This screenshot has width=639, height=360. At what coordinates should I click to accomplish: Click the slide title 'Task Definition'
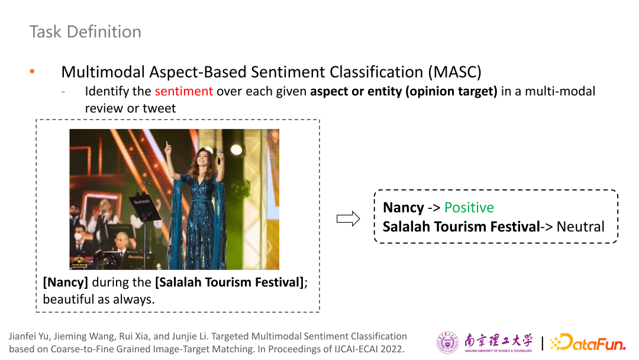tap(86, 32)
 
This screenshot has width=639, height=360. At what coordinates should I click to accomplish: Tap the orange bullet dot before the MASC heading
tap(32, 72)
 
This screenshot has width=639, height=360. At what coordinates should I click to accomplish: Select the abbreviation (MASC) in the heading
tap(454, 72)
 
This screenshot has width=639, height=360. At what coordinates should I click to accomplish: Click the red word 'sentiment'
tap(184, 91)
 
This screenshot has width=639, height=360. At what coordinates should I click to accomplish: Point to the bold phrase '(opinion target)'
tap(451, 91)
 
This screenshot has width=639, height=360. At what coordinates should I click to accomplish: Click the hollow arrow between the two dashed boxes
tap(348, 218)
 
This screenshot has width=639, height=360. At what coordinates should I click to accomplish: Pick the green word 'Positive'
tap(469, 207)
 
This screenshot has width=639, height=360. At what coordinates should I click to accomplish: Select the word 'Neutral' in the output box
tap(580, 227)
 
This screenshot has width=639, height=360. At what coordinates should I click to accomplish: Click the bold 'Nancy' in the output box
tap(404, 208)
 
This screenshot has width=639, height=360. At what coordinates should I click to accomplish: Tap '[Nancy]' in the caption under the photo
tap(66, 282)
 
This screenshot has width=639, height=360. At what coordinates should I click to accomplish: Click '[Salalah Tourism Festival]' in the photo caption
tap(230, 282)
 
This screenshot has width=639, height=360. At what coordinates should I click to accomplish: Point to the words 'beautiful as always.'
tap(99, 299)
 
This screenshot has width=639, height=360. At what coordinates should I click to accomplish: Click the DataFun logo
tap(588, 342)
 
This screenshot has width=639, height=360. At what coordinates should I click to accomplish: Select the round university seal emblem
tap(447, 342)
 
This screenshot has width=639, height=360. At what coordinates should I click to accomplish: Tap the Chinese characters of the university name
tap(498, 340)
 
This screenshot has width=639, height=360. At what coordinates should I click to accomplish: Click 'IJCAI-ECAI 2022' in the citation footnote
tap(369, 349)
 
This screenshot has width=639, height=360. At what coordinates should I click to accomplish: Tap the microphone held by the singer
tap(220, 156)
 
